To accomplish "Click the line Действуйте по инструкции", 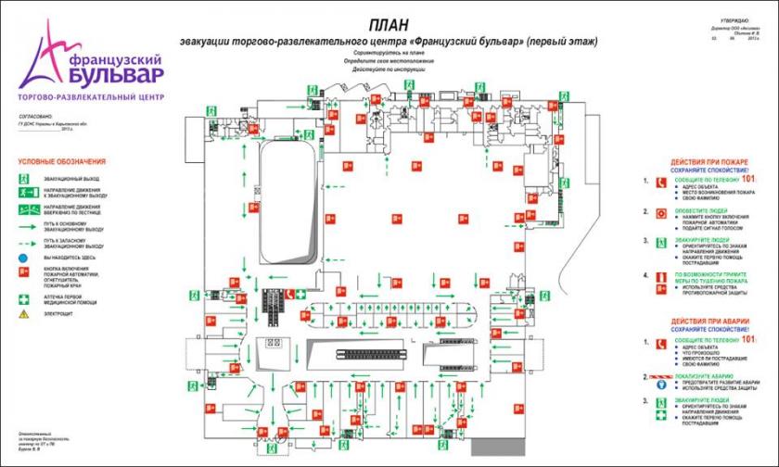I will [389, 69].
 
